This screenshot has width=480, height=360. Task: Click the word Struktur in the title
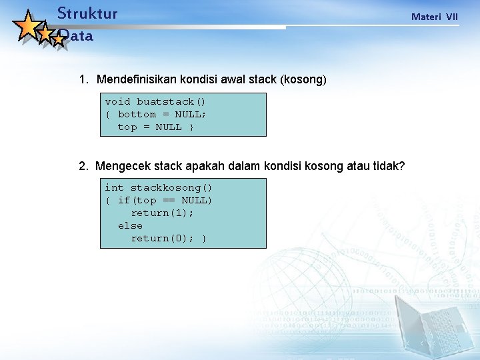(x=87, y=13)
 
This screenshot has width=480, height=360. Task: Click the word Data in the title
(x=76, y=37)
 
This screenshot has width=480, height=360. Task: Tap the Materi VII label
(x=434, y=16)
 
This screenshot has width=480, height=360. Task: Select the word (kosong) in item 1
(x=303, y=79)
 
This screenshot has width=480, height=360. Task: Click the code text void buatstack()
(x=155, y=101)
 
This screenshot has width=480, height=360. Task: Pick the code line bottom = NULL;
(x=162, y=114)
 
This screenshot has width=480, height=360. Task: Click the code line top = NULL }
(x=155, y=127)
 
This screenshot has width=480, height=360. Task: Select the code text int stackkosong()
(x=159, y=187)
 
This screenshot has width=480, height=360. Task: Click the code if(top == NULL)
(x=165, y=200)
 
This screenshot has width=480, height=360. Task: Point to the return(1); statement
(x=162, y=213)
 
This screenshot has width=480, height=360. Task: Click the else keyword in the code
(x=130, y=225)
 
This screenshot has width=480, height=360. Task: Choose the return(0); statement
(x=162, y=238)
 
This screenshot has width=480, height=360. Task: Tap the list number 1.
(x=83, y=79)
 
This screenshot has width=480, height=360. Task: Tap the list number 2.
(x=83, y=166)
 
